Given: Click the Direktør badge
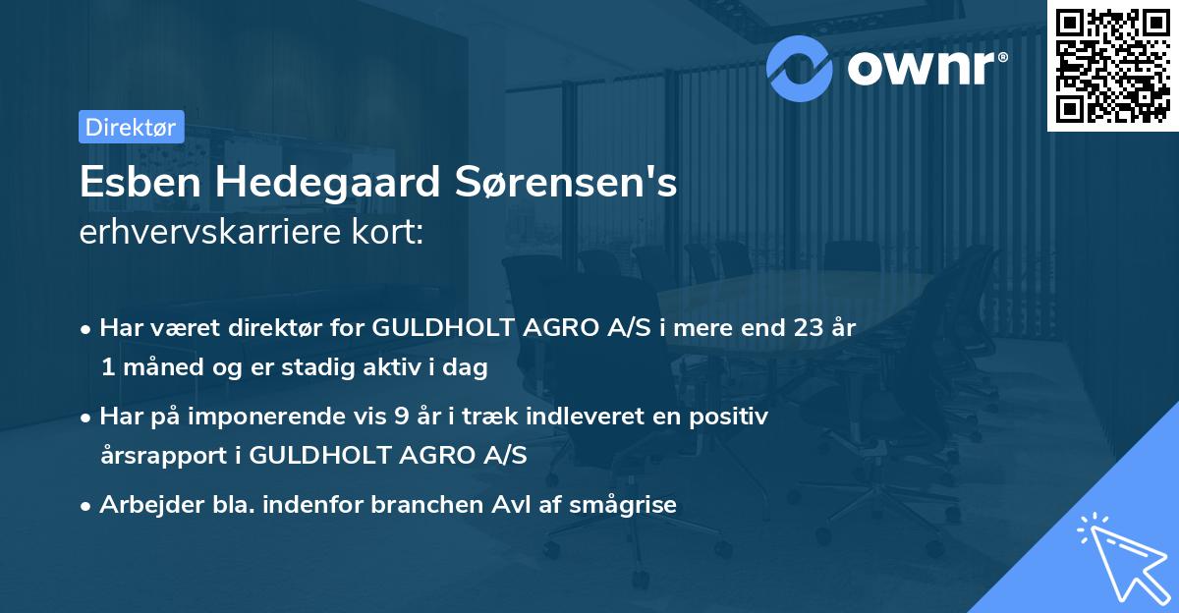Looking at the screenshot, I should (x=131, y=127).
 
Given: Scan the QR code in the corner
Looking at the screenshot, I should (x=1111, y=65).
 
